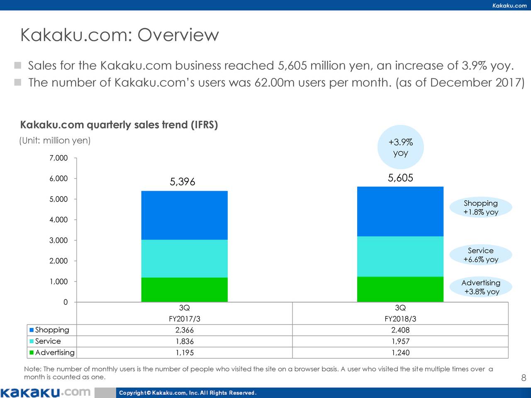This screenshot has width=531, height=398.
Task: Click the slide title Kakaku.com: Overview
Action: coord(119,35)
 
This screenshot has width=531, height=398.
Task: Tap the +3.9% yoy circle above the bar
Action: coord(401,148)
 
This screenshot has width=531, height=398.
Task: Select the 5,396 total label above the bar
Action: coord(182,182)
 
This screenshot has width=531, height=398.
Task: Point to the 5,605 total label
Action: coord(400,178)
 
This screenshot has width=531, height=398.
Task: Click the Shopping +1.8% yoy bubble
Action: coord(481,208)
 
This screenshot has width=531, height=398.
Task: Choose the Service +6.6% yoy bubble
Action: coord(481,255)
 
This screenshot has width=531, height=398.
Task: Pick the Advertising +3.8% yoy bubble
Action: coord(481,287)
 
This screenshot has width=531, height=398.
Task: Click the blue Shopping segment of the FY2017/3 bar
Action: coord(184,215)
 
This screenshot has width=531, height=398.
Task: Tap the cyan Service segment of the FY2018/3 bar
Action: coord(400,256)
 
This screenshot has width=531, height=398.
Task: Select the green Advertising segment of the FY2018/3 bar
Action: coord(400,289)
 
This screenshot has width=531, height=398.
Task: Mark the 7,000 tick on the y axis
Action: coord(58,158)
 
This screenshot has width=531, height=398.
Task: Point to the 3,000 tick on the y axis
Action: coord(58,240)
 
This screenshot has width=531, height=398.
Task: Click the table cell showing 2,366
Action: coord(184,330)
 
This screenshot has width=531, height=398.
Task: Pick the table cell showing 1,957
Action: coord(400,342)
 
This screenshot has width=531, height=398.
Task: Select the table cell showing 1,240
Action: coord(400,353)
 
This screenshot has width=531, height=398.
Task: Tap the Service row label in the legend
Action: coord(48,341)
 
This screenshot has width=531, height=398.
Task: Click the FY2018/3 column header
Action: coord(400,319)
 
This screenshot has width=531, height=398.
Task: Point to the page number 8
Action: coord(524,378)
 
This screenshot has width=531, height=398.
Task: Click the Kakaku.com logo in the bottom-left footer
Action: coord(45,392)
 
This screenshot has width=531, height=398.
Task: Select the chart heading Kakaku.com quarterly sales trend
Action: coord(119,125)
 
